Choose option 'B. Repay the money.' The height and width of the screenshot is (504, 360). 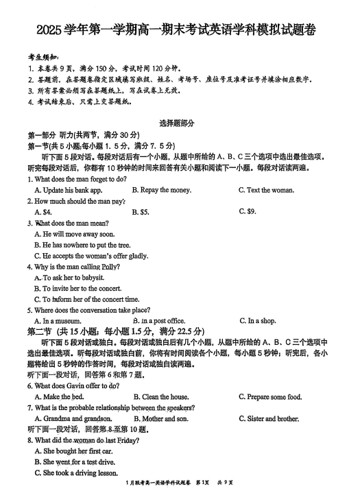pyautogui.click(x=162, y=190)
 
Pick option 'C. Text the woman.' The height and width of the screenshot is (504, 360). pyautogui.click(x=266, y=190)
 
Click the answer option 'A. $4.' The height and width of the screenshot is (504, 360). pyautogui.click(x=44, y=212)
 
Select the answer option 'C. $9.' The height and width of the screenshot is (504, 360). pyautogui.click(x=247, y=211)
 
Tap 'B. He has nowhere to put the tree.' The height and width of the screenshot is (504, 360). pyautogui.click(x=82, y=245)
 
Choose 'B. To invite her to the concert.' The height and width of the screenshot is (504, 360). pyautogui.click(x=77, y=289)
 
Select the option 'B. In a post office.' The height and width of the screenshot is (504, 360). pyautogui.click(x=159, y=320)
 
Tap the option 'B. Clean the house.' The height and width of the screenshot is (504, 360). pyautogui.click(x=161, y=397)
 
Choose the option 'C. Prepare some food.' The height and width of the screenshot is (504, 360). pyautogui.click(x=270, y=397)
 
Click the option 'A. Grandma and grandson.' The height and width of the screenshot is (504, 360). pyautogui.click(x=73, y=418)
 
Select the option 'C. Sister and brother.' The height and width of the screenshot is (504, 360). pyautogui.click(x=269, y=418)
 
